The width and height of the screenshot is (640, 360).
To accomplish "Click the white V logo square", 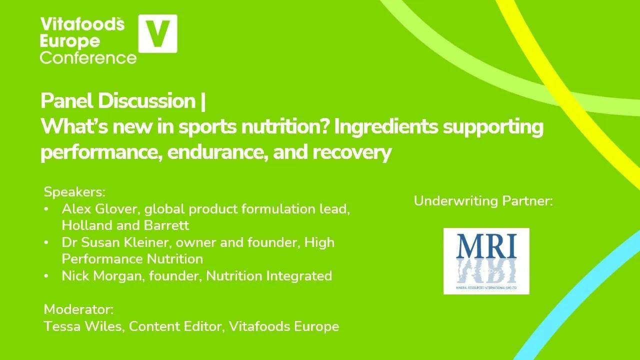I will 157,33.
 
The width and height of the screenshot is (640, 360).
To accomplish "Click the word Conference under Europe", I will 88,57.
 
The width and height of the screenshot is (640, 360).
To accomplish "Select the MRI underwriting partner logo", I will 486,261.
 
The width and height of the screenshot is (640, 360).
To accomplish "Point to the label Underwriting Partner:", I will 483,201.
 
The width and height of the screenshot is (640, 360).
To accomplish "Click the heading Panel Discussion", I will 118,101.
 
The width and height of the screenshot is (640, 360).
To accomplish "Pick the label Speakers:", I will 75,192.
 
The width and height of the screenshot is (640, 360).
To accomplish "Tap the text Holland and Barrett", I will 125,225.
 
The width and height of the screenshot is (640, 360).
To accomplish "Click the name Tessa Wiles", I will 83,326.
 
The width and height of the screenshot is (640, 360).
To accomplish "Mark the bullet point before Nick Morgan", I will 46,276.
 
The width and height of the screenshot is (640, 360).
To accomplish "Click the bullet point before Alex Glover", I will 46,209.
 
